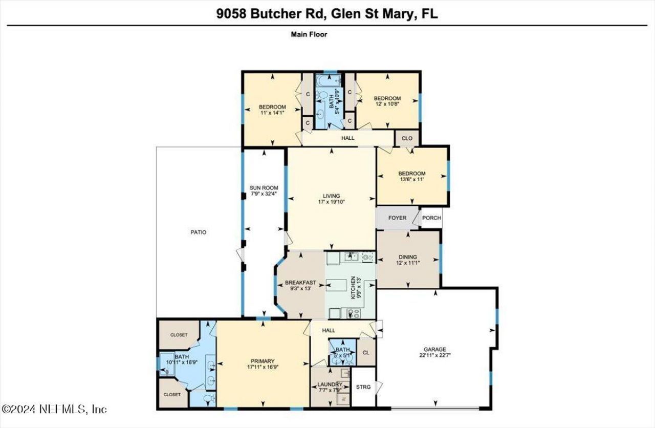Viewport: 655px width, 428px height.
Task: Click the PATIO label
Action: point(199,232)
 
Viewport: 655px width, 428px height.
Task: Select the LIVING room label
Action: point(331,195)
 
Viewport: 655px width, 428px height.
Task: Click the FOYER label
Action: point(397,218)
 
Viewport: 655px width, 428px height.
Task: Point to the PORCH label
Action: point(431,218)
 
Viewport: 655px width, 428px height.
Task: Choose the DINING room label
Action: point(408,257)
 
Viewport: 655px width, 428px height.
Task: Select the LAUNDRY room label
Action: point(330,384)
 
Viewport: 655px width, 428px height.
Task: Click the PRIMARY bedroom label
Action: point(263,360)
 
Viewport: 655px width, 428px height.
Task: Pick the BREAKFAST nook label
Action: point(300,283)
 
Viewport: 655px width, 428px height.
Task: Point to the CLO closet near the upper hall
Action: point(407,138)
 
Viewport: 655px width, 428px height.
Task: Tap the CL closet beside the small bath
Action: point(365,353)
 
